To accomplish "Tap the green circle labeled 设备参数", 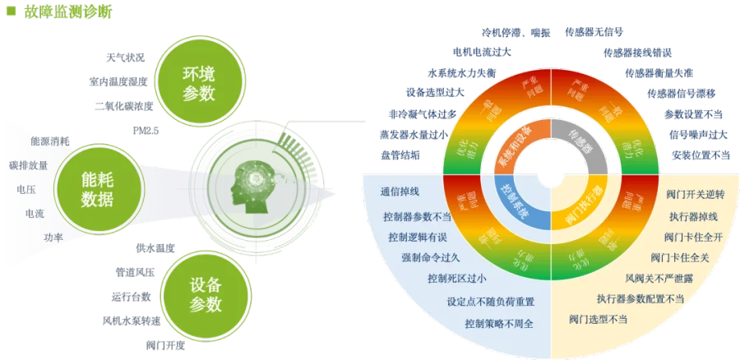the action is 205,294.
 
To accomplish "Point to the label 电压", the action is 25,189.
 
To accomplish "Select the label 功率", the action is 53,238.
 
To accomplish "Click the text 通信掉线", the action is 400,193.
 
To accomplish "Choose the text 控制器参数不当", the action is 417,217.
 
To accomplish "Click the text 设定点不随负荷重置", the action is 491,302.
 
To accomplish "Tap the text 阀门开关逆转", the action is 696,195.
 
